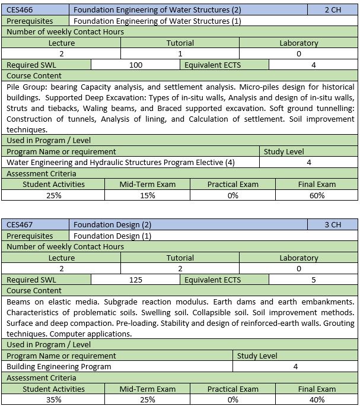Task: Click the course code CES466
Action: click(x=20, y=10)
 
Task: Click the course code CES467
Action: click(x=20, y=225)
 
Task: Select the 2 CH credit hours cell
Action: click(x=333, y=10)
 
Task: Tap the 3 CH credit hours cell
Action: click(x=333, y=225)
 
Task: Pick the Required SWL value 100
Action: click(x=136, y=65)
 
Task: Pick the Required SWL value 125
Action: click(x=136, y=280)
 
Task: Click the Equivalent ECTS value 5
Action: click(x=313, y=280)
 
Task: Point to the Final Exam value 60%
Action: click(x=317, y=195)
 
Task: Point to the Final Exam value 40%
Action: click(x=317, y=399)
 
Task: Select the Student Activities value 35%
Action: click(x=53, y=399)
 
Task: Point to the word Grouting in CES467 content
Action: click(x=335, y=323)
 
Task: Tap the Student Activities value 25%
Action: click(x=53, y=195)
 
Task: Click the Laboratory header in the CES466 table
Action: click(x=298, y=43)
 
